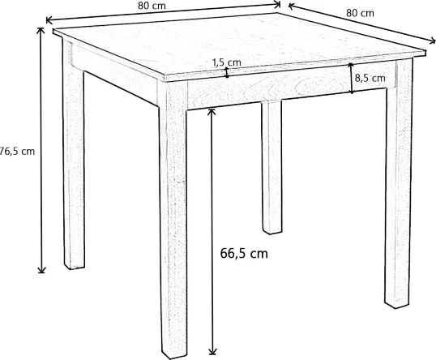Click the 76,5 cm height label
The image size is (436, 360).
click(17, 150)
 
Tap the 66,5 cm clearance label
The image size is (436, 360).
click(243, 253)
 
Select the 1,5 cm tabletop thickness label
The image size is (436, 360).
click(226, 62)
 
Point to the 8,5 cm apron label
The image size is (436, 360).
click(369, 79)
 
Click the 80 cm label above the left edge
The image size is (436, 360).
click(147, 6)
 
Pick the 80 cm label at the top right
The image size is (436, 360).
click(360, 13)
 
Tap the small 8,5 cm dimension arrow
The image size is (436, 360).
click(351, 78)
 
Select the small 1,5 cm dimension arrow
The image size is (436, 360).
click(228, 72)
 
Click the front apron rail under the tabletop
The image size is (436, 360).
click(267, 90)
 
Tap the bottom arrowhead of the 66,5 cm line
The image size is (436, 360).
click(212, 351)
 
